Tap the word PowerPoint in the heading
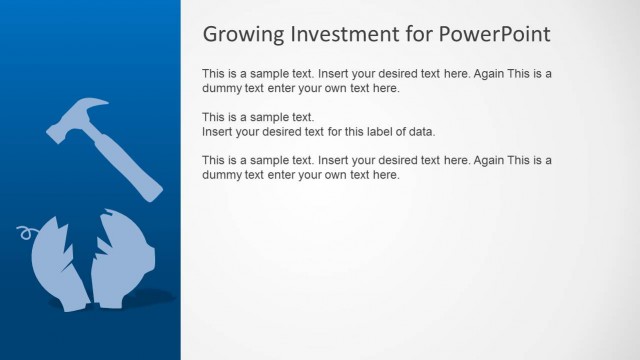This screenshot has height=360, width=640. pyautogui.click(x=496, y=34)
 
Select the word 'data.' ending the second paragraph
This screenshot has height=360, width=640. pyautogui.click(x=421, y=131)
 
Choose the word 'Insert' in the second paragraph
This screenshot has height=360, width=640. pyautogui.click(x=219, y=131)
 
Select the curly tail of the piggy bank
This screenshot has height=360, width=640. pyautogui.click(x=23, y=236)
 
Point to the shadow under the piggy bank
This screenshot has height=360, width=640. pyautogui.click(x=150, y=297)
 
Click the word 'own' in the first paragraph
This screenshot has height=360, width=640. pyautogui.click(x=345, y=88)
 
